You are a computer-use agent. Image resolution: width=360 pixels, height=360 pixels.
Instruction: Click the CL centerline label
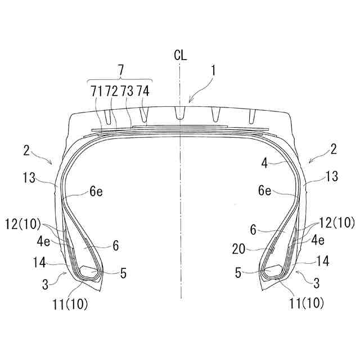tap(181, 55)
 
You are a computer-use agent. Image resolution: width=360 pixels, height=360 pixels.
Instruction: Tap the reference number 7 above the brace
tap(120, 70)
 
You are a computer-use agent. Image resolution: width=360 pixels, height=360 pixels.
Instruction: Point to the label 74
tap(143, 91)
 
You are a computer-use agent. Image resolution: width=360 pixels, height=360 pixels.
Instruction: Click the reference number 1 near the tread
tap(214, 71)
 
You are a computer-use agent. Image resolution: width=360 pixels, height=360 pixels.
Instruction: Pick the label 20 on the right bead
tap(238, 249)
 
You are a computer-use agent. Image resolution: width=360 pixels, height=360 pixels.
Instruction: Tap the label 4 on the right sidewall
tap(264, 163)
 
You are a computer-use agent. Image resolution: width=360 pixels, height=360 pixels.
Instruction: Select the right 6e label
tap(265, 190)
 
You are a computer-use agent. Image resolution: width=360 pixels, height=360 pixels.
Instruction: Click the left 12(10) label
tap(23, 224)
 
